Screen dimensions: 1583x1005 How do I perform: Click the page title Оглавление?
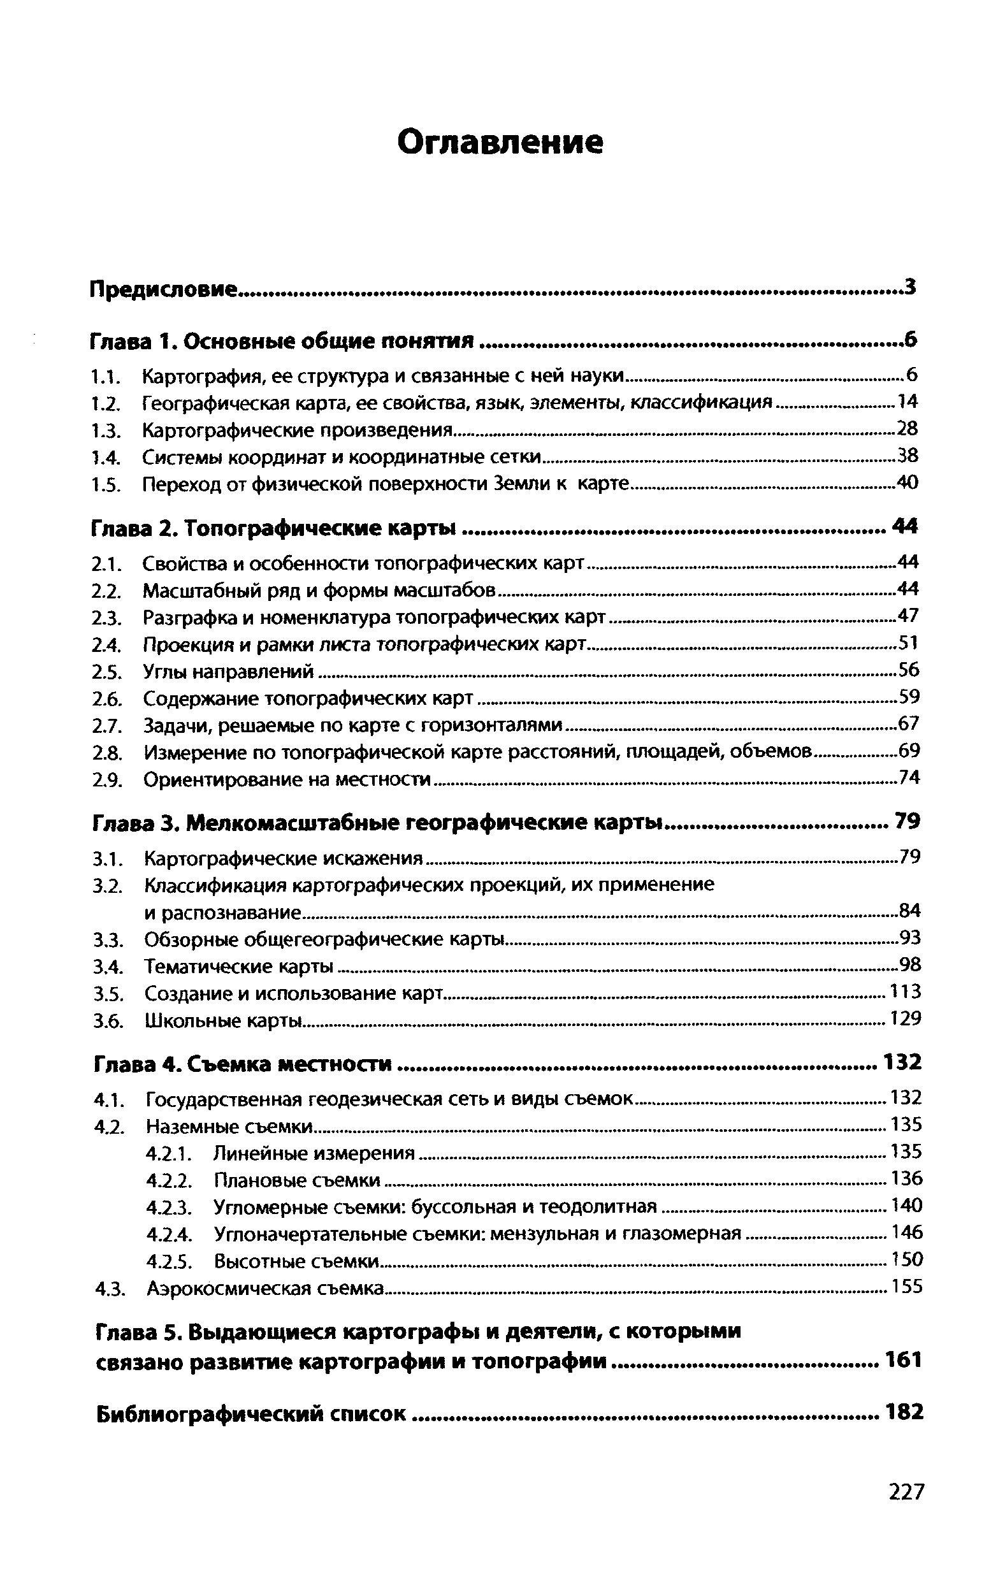(500, 143)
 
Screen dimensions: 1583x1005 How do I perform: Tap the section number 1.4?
(105, 457)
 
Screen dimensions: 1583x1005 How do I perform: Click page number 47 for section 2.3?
(907, 617)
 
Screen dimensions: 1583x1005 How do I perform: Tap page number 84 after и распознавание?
(909, 911)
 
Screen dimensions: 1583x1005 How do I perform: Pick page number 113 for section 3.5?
(905, 992)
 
